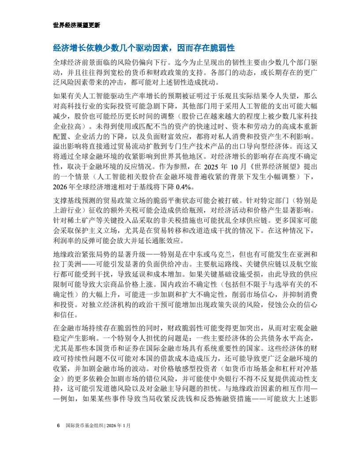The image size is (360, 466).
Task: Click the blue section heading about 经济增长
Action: click(143, 48)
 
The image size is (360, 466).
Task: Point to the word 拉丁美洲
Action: click(67, 263)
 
